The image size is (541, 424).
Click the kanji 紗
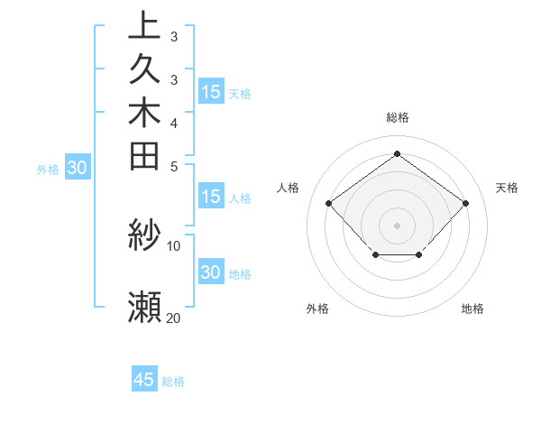pos(144,235)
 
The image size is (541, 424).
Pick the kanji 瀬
pos(144,307)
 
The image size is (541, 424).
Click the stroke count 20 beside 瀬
pos(174,317)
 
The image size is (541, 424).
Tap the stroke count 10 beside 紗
pos(174,244)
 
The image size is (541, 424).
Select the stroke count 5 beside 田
pos(174,165)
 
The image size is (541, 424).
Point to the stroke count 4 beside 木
pos(174,122)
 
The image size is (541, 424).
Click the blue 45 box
pos(144,380)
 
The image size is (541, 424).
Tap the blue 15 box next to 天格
pos(211,91)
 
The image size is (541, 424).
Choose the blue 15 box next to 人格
pos(211,196)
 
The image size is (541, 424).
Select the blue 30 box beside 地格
pos(211,272)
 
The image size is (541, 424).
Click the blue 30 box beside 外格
pos(78,167)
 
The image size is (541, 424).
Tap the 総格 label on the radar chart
pos(397,117)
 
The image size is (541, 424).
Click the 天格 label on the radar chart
pos(507,188)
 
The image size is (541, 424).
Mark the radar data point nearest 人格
pos(329,203)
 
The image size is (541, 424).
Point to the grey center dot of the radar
pos(397,225)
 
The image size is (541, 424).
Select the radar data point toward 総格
pos(397,153)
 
